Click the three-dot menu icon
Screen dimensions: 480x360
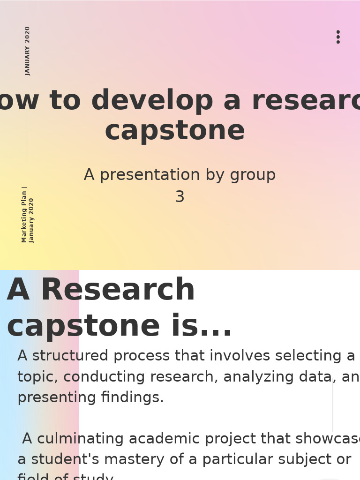click(338, 37)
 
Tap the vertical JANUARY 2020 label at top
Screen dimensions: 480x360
click(28, 51)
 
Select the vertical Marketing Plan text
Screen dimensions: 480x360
click(25, 214)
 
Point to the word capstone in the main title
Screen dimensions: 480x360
click(175, 131)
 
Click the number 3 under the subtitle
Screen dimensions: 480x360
click(180, 197)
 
